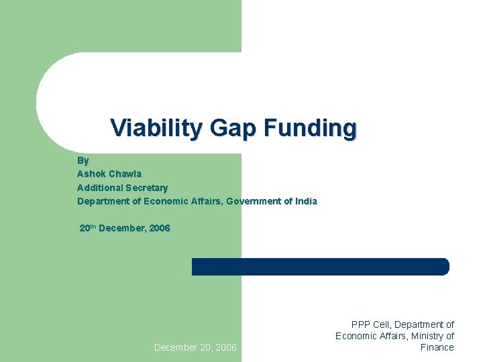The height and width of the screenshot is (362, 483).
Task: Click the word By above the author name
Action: pyautogui.click(x=83, y=161)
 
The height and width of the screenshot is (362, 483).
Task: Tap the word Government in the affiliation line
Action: pyautogui.click(x=256, y=201)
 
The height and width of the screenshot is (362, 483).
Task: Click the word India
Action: pyautogui.click(x=307, y=201)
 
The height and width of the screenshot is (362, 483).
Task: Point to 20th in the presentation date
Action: pyautogui.click(x=88, y=228)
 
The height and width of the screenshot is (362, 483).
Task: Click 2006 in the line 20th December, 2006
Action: pyautogui.click(x=160, y=228)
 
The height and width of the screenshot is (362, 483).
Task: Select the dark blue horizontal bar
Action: pyautogui.click(x=320, y=266)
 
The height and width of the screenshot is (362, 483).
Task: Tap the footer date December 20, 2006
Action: pyautogui.click(x=195, y=347)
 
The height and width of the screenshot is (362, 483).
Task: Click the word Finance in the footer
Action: pyautogui.click(x=437, y=347)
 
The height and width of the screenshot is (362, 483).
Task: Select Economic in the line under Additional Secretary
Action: pyautogui.click(x=170, y=201)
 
